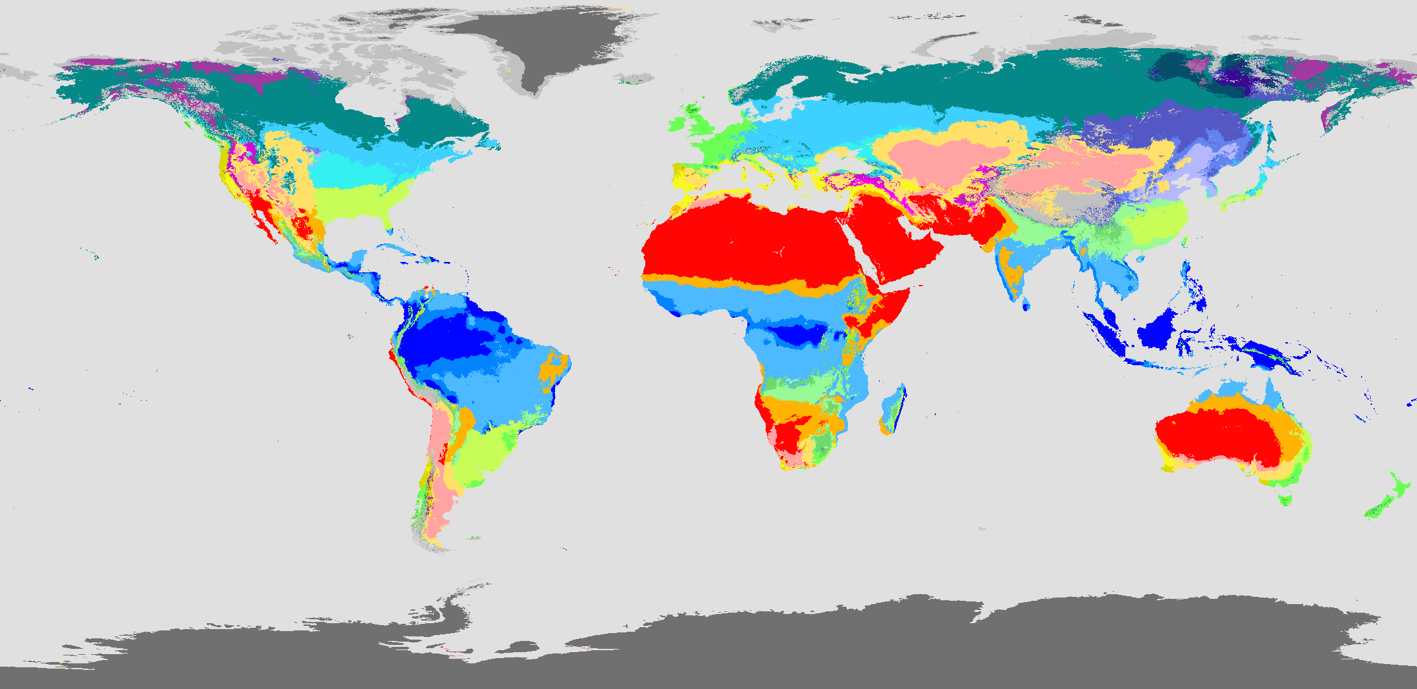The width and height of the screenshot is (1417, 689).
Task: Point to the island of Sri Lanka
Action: click(1026, 304)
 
